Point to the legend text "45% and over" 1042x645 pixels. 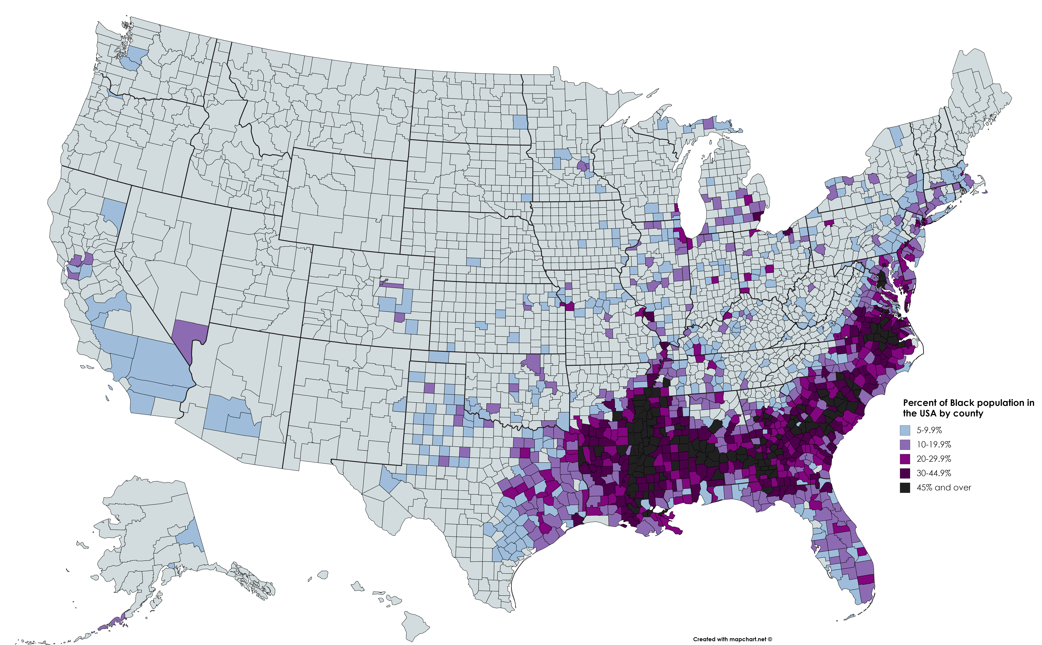[x=943, y=488]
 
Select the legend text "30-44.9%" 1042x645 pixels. [x=934, y=473]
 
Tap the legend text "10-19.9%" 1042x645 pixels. [x=934, y=444]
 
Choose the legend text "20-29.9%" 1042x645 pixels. [x=934, y=459]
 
